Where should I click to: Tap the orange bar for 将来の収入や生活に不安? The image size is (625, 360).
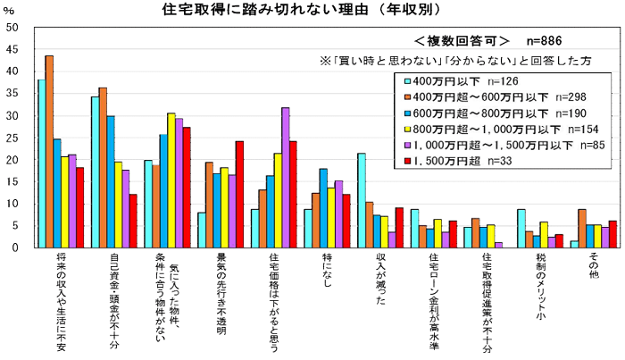point(49,152)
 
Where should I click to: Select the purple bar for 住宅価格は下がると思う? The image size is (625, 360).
point(285,178)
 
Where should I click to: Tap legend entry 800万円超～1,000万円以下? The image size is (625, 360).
point(482,130)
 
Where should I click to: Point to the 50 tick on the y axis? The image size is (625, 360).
point(12,28)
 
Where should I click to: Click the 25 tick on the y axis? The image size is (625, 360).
point(12,138)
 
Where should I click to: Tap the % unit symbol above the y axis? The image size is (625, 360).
point(9,10)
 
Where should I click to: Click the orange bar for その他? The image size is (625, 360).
point(582,229)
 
